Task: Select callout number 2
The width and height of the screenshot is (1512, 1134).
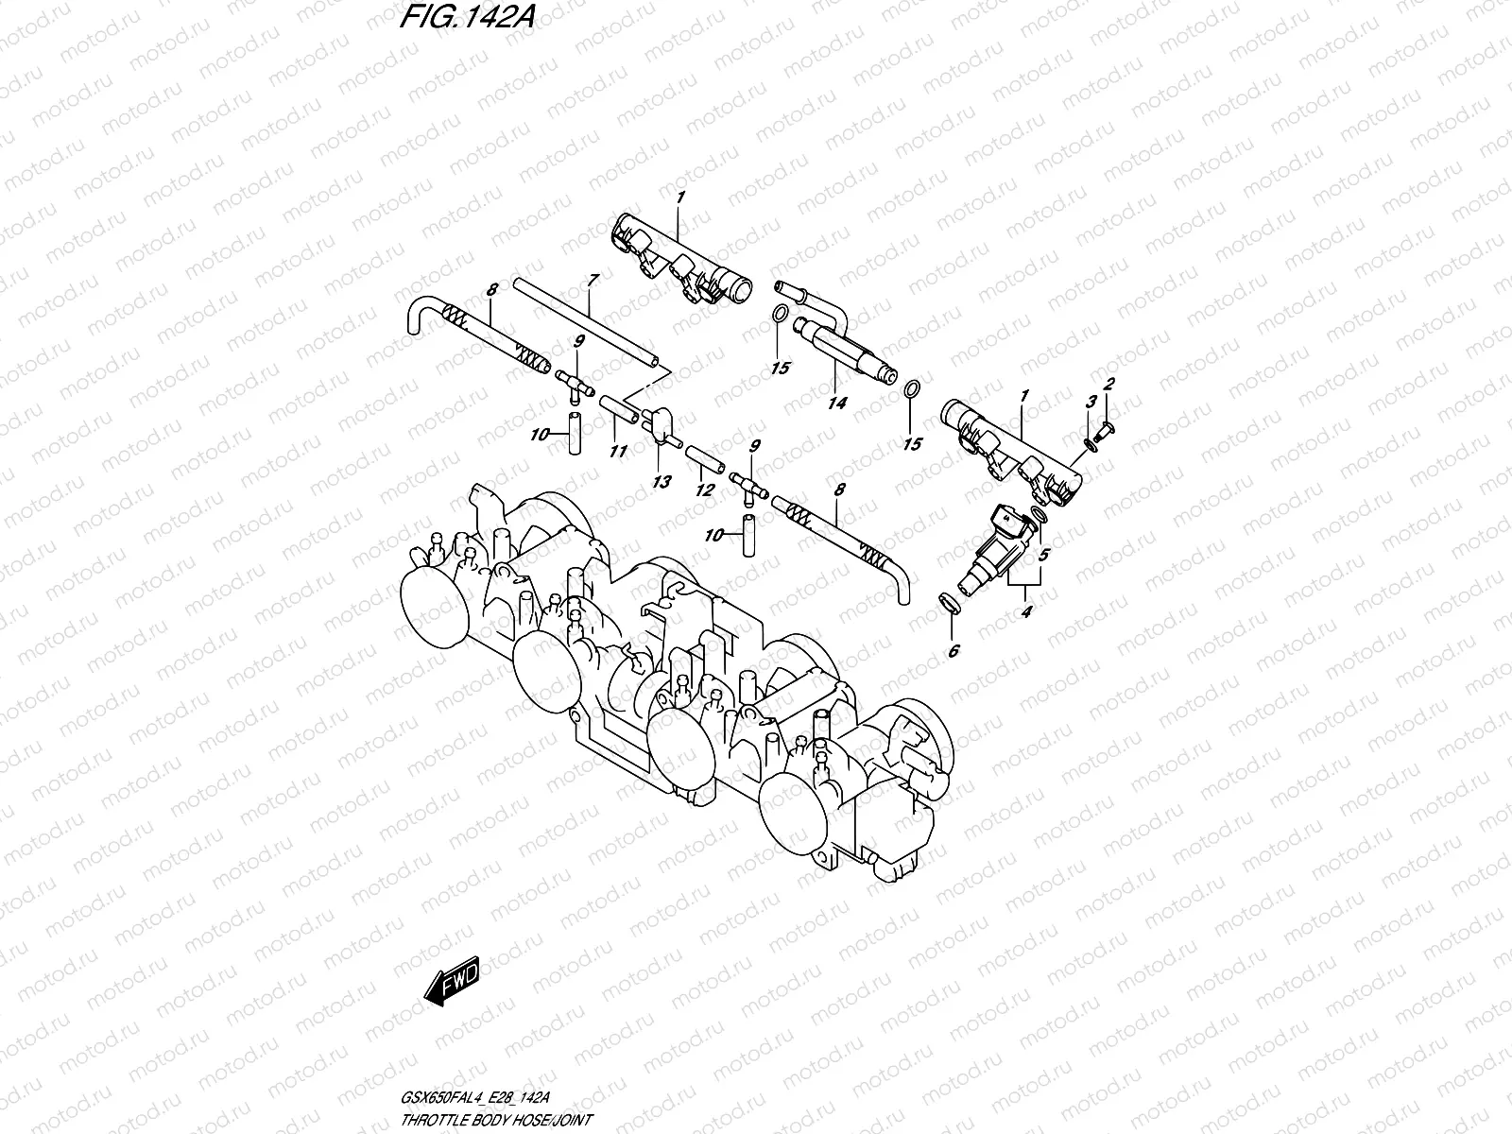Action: (x=1109, y=384)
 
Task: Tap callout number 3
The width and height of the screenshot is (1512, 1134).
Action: (x=1091, y=402)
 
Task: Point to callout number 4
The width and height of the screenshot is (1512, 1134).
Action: (x=1026, y=611)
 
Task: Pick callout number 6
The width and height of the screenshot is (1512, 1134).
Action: (x=953, y=650)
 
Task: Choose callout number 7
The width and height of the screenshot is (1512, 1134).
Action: (x=593, y=280)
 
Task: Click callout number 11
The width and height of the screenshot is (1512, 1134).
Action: (x=617, y=452)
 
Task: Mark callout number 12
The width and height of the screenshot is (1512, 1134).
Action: (x=703, y=490)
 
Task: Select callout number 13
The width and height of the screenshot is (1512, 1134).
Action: (x=661, y=482)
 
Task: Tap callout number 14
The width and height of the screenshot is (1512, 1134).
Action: (x=836, y=403)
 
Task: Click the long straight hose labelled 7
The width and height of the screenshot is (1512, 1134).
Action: (x=586, y=320)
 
